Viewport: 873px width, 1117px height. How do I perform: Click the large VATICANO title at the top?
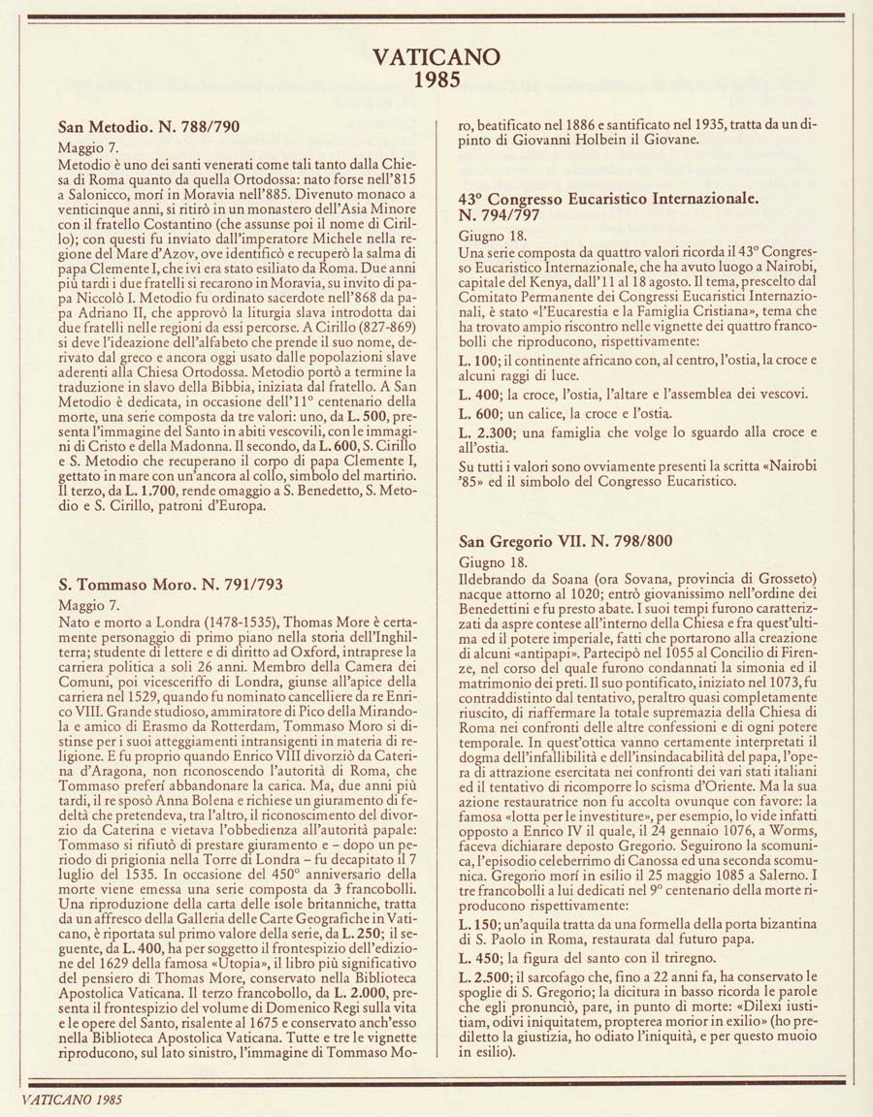coord(436,59)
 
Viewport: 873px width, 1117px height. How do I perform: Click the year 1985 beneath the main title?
coord(436,80)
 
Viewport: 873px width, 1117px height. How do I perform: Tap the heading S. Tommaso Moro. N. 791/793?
coord(171,585)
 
